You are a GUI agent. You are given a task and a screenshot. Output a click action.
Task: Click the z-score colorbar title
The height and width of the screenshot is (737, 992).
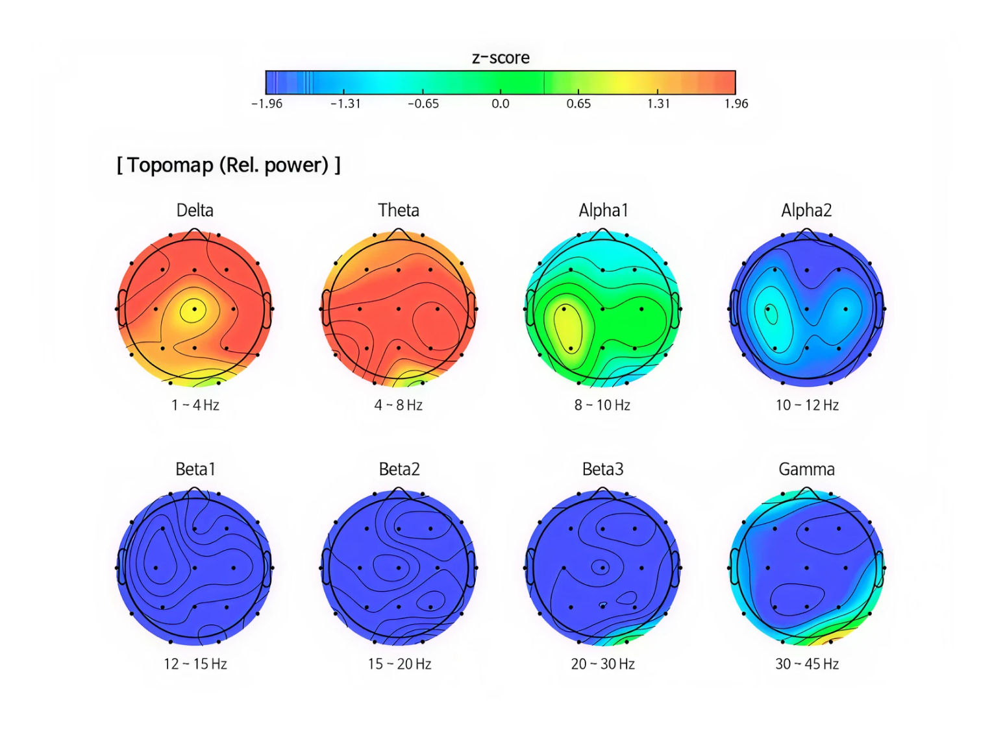click(500, 58)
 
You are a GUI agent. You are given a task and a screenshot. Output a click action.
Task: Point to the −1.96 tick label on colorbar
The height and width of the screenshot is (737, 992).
click(267, 104)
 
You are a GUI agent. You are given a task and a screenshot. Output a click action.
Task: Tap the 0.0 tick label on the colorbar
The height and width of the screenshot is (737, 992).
click(500, 104)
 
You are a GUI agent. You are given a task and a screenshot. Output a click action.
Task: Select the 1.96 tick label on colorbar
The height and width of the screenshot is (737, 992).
click(736, 104)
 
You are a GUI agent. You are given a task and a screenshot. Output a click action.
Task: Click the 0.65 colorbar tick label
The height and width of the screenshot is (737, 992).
click(578, 104)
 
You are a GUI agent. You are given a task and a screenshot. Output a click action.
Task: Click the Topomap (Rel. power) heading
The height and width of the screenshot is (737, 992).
click(229, 165)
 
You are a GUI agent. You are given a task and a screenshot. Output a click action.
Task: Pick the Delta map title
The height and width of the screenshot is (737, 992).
click(195, 210)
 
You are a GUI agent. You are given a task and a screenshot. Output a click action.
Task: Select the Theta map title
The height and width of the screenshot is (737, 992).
click(399, 210)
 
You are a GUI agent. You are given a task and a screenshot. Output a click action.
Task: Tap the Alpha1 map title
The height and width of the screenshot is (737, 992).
click(603, 210)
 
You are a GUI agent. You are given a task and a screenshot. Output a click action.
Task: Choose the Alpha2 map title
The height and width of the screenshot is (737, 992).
click(806, 210)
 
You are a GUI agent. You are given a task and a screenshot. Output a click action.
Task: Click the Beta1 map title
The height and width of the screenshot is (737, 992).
click(195, 469)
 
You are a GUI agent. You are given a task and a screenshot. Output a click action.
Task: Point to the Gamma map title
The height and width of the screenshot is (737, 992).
click(806, 469)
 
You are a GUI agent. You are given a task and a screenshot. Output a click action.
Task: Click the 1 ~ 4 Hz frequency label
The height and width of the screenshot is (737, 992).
click(195, 405)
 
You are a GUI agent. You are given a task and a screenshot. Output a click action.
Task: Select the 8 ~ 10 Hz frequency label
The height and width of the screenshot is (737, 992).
click(602, 405)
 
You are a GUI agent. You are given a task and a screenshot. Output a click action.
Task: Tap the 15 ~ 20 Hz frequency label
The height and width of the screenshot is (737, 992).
click(399, 664)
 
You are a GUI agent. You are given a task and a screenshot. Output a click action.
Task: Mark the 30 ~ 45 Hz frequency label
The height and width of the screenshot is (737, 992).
click(807, 664)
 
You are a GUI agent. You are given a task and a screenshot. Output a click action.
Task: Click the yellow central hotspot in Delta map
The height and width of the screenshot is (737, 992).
click(193, 309)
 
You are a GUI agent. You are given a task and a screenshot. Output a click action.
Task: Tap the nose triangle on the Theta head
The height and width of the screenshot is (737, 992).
click(399, 234)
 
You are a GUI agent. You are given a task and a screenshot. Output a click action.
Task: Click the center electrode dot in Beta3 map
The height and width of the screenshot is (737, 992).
click(602, 568)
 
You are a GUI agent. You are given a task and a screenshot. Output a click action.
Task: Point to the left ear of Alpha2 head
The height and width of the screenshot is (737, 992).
click(734, 308)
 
